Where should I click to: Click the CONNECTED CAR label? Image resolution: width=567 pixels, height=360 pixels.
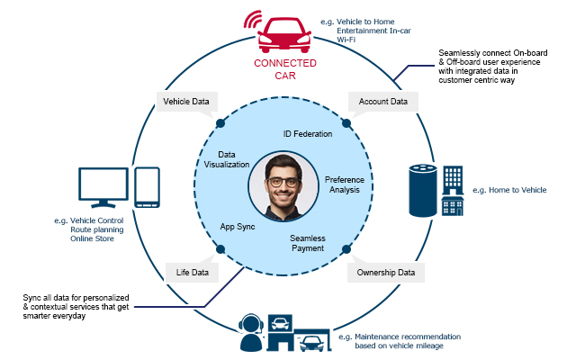pos(283,69)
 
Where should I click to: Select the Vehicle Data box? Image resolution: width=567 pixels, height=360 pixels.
pos(185,102)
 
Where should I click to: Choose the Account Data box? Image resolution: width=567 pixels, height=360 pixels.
pos(382,102)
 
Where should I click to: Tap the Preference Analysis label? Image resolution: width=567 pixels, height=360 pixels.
pos(345,184)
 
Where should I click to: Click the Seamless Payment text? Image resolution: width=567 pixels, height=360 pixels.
pos(307,243)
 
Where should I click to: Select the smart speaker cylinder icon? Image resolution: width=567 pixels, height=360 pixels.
pos(420,191)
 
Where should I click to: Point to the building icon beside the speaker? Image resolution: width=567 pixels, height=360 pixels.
pos(453,189)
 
